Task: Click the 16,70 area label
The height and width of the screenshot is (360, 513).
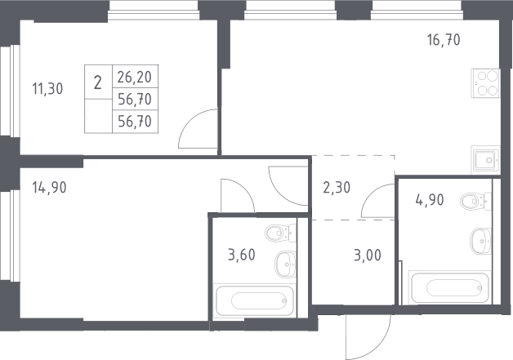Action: click(444, 40)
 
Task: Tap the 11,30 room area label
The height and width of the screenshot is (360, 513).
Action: click(47, 89)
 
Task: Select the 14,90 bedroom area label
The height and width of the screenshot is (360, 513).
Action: click(49, 188)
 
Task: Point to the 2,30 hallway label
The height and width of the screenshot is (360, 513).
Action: click(337, 188)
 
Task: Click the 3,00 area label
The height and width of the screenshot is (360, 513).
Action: click(368, 255)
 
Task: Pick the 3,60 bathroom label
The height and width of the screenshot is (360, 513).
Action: click(242, 255)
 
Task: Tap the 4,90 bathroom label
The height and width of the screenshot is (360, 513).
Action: click(430, 199)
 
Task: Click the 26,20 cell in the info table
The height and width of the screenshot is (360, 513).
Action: click(135, 78)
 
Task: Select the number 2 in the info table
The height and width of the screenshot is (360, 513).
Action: click(97, 82)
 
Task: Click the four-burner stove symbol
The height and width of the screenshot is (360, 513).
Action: click(485, 83)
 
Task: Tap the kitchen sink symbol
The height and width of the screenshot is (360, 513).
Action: click(485, 160)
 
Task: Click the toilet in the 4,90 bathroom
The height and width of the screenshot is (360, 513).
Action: click(475, 201)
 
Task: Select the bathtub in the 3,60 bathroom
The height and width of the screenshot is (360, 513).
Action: click(255, 301)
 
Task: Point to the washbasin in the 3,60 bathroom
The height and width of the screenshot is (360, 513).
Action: click(286, 264)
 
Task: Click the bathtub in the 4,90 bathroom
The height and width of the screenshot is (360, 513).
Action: click(450, 287)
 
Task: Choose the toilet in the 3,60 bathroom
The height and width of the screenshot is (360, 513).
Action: click(280, 233)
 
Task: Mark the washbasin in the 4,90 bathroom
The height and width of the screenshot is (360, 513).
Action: click(480, 241)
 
